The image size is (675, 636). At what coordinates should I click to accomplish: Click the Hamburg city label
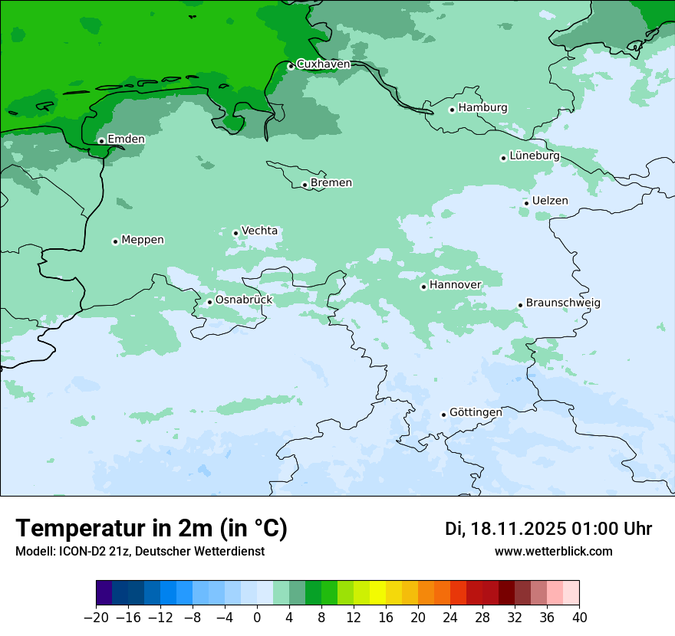(482, 108)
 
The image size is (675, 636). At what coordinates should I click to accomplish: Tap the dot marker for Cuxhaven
(291, 67)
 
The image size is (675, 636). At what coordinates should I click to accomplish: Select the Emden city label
(126, 139)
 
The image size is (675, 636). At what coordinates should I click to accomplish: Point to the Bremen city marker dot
(305, 185)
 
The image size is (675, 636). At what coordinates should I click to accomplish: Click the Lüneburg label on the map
(534, 156)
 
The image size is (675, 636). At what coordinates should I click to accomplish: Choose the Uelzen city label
(550, 201)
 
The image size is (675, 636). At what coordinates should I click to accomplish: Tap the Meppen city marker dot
(115, 241)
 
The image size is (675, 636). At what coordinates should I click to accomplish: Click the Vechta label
(259, 231)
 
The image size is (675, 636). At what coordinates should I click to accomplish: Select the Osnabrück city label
(243, 300)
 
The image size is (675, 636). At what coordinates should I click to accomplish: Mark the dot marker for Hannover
(423, 287)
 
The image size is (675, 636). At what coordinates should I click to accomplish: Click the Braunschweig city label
(563, 303)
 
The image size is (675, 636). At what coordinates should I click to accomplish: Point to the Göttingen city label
(476, 412)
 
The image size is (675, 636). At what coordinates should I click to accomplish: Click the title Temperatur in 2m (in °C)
(151, 529)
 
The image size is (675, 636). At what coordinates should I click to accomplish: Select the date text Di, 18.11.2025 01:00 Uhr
(548, 529)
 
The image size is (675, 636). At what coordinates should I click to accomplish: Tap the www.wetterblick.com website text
(553, 552)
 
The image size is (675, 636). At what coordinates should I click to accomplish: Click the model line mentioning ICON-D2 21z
(140, 552)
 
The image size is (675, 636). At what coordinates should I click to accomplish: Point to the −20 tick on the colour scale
(97, 618)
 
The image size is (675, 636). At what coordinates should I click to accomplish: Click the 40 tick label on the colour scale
(579, 618)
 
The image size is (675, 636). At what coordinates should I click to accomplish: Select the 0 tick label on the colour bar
(257, 618)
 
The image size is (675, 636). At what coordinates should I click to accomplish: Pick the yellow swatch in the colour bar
(378, 593)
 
